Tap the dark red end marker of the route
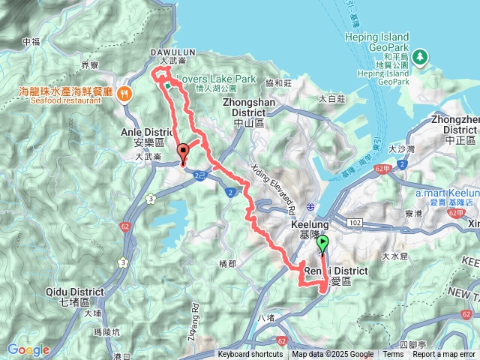pyautogui.click(x=183, y=153)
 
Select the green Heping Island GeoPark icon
pyautogui.click(x=421, y=56)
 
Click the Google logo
pyautogui.click(x=28, y=349)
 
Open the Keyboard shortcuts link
pyautogui.click(x=250, y=355)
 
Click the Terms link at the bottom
pyautogui.click(x=393, y=355)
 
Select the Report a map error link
pyautogui.click(x=443, y=355)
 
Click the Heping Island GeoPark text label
pyautogui.click(x=377, y=41)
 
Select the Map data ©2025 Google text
pyautogui.click(x=333, y=355)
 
